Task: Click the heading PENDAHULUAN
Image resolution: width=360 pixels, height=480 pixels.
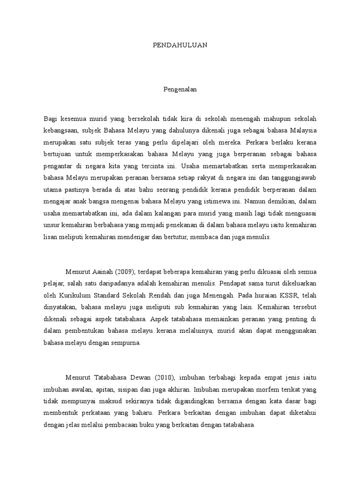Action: pos(180,45)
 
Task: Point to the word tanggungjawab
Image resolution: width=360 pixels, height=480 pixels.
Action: pos(291,178)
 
